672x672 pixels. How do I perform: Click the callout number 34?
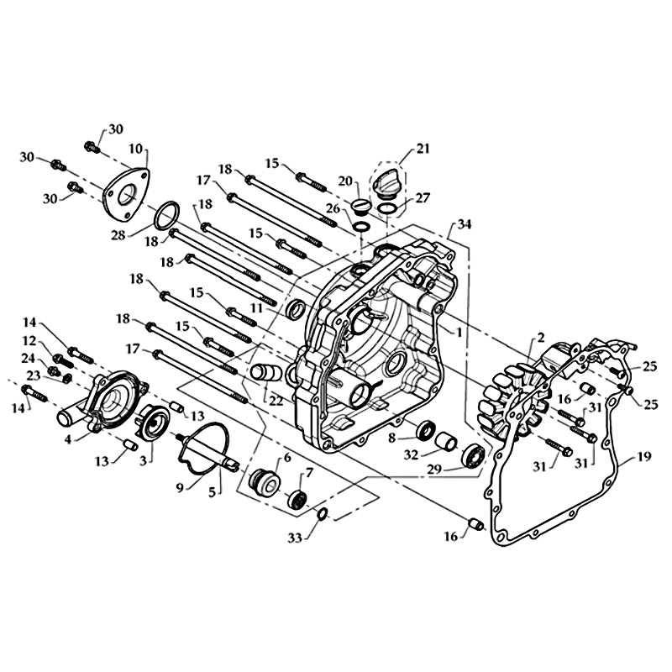tap(465, 223)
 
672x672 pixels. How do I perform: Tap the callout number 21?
tap(423, 150)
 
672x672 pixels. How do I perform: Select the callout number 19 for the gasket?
tap(644, 456)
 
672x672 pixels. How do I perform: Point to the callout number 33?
tap(295, 538)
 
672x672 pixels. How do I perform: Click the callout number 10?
tap(136, 150)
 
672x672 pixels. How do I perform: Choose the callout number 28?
tap(118, 235)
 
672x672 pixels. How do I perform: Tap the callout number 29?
tap(434, 470)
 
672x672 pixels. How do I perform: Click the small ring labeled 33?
tap(323, 512)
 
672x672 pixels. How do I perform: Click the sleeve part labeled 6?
tap(265, 484)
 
